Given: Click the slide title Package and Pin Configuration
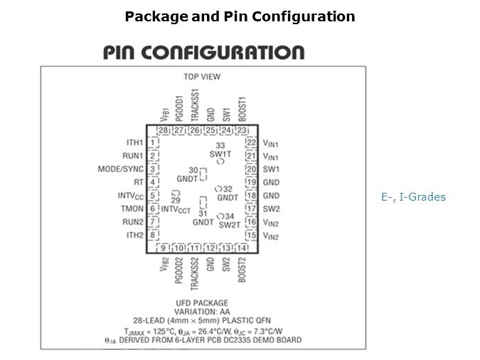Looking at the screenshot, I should coord(240,16).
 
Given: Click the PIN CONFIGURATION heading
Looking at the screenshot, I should coord(203,53).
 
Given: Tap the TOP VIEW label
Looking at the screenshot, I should coord(202,76).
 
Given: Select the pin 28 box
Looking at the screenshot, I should coord(162,130).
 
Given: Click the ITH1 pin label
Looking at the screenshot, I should coord(135,142).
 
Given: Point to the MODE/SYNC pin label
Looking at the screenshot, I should coord(121,169).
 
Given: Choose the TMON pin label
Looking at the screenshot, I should coord(132,208).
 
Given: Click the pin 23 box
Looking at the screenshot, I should coord(242,130).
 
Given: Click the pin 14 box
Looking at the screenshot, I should coord(242,248).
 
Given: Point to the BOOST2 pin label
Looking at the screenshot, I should coord(242,270).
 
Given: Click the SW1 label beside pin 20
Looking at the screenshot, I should coord(271,169).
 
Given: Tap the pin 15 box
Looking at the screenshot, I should coord(251,235).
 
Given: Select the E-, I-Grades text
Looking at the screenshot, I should coord(413,197).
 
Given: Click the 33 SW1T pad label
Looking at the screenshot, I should coord(220,150).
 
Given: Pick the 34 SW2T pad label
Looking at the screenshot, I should coord(229,220).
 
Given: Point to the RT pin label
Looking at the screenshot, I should coord(139,182).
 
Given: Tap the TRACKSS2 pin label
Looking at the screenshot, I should coord(194,274).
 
